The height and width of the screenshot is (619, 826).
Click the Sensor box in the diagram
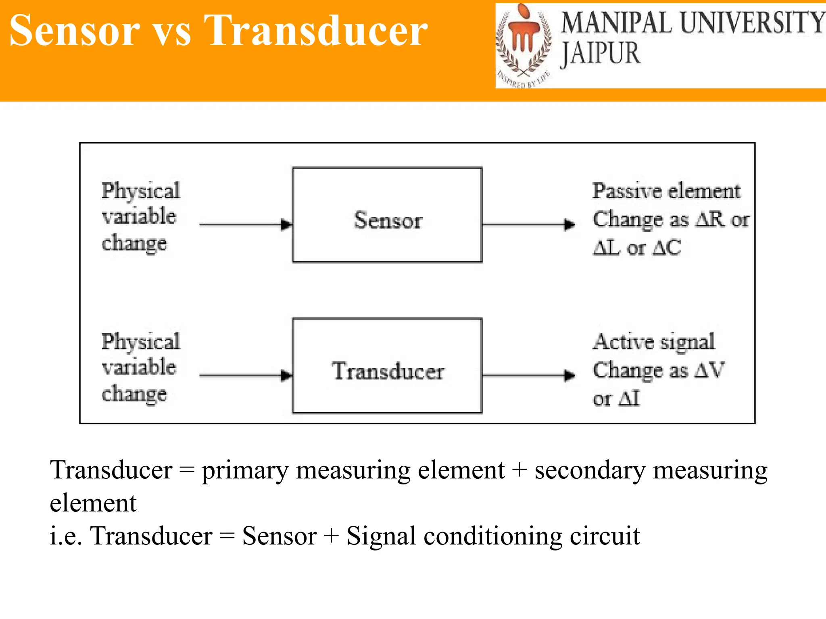click(x=387, y=215)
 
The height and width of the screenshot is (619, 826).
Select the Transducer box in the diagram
click(x=387, y=366)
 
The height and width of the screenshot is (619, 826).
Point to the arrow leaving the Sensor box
click(x=528, y=224)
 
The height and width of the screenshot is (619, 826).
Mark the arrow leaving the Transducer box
click(x=528, y=376)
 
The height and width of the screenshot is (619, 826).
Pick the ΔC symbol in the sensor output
click(x=667, y=248)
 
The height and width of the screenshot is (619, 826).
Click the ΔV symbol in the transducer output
click(x=710, y=370)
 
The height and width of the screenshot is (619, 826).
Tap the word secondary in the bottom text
click(x=589, y=471)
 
